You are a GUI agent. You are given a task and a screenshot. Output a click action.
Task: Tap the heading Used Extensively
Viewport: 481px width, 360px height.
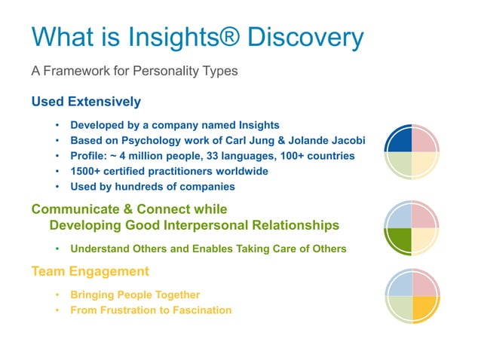tap(86, 102)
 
